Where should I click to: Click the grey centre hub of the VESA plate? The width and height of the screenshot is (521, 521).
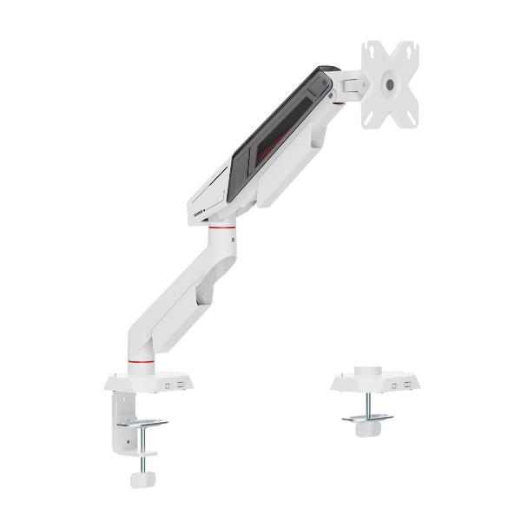click(388, 85)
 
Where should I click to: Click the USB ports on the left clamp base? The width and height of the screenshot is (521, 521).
click(171, 383)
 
